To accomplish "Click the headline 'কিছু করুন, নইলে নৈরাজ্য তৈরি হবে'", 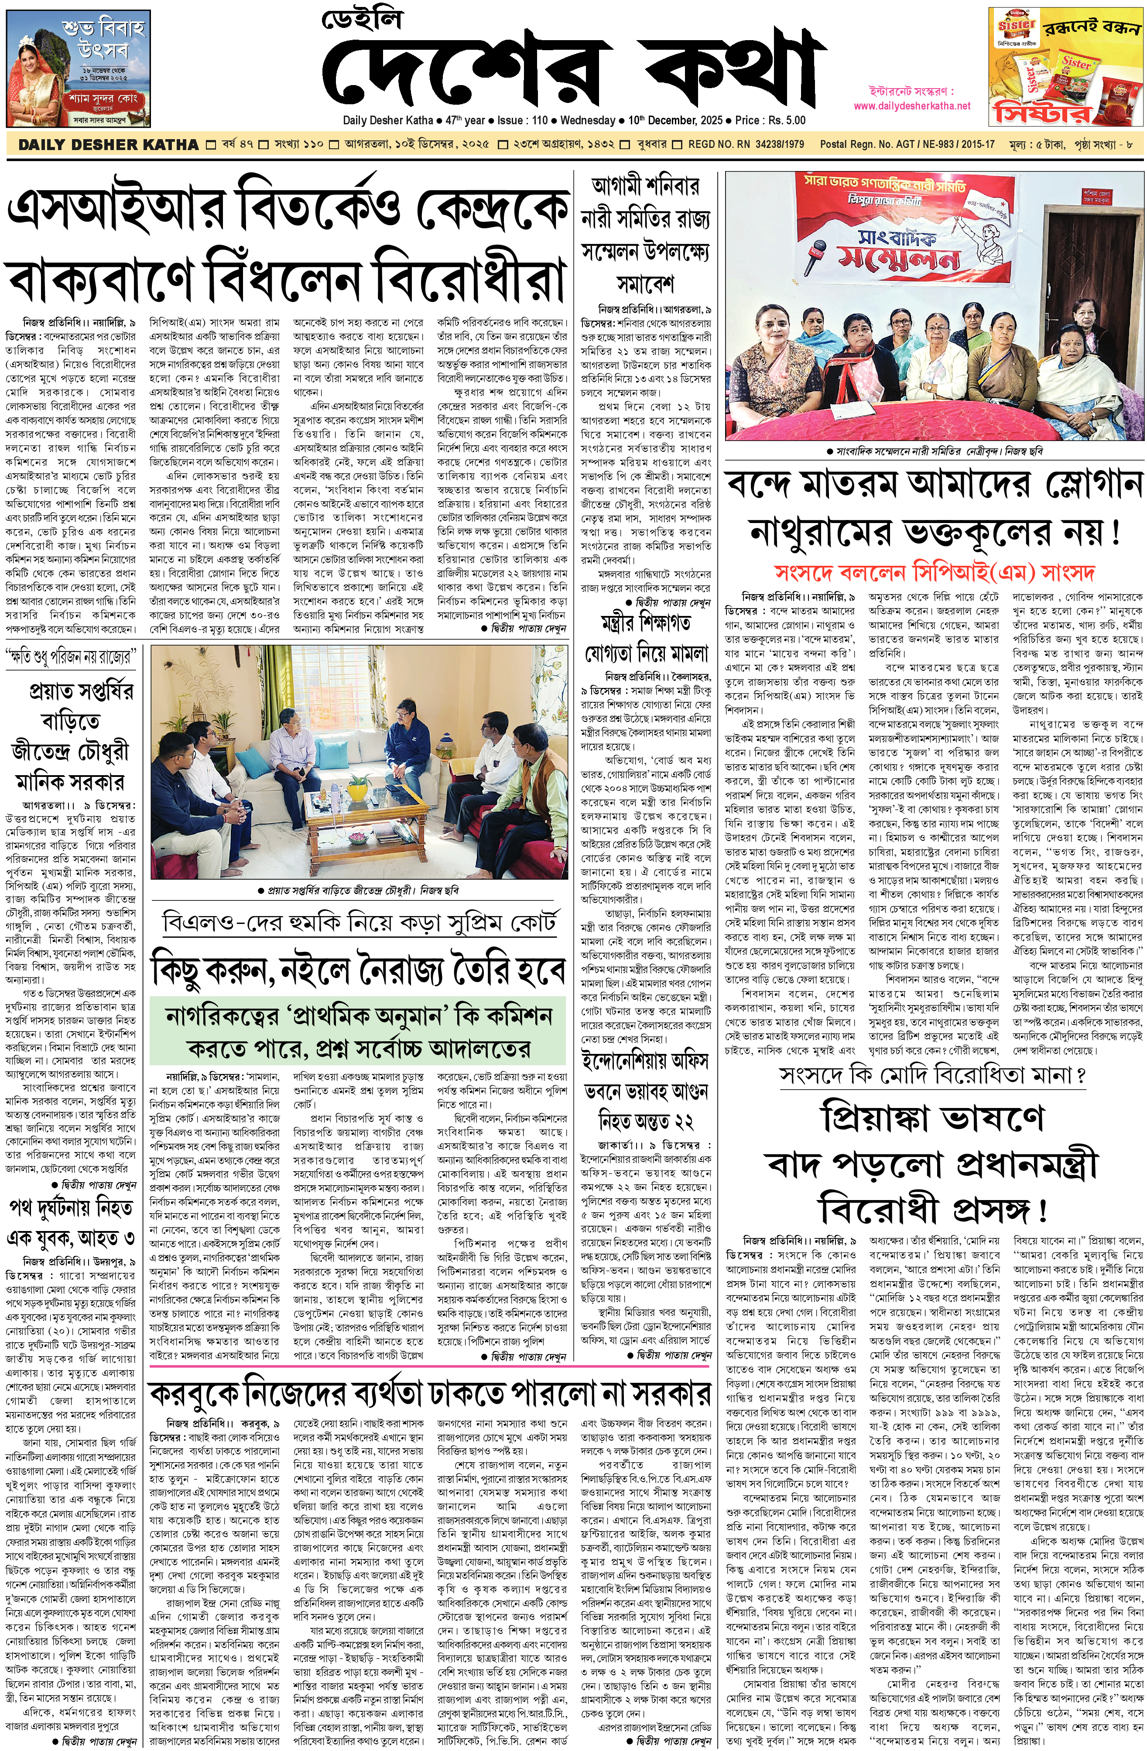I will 358,970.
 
